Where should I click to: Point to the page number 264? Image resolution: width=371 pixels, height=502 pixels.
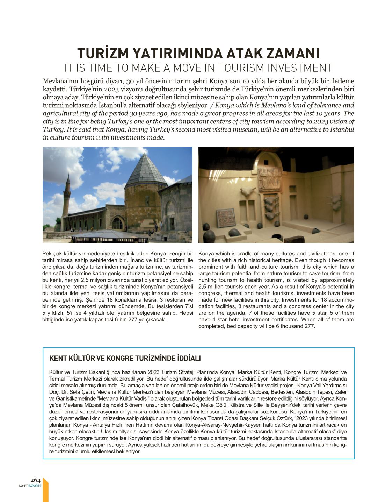pos(36,480)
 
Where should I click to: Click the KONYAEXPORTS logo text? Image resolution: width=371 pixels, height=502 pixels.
pos(30,486)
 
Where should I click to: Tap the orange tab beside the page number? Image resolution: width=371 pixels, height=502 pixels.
pos(45,490)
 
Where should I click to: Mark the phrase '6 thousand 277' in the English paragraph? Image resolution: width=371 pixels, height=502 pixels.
pos(298,326)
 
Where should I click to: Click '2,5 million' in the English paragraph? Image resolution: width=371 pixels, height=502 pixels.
pos(211,287)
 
